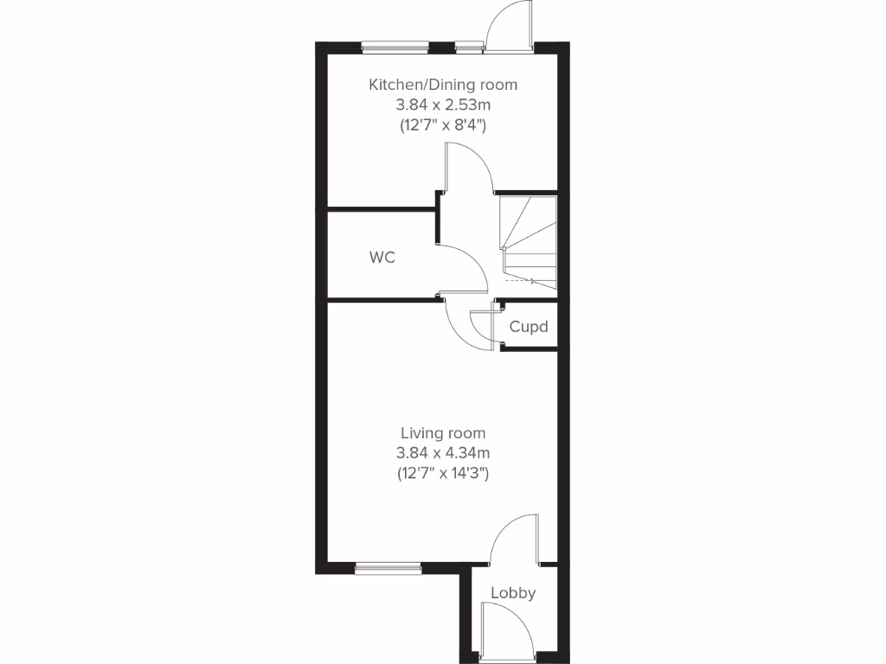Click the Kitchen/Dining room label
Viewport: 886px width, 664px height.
[443, 85]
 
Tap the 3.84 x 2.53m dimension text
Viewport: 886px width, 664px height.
[443, 105]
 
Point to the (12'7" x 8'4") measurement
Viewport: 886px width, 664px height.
[443, 124]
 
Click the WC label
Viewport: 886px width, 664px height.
[382, 257]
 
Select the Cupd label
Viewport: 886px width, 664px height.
[528, 327]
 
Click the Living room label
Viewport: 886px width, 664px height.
[443, 433]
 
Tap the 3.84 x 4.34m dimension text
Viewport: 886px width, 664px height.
[443, 453]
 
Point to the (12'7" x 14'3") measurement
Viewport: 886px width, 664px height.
[443, 473]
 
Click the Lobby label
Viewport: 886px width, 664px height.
[513, 593]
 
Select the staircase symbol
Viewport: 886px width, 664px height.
[527, 242]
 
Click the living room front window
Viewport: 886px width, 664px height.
[388, 567]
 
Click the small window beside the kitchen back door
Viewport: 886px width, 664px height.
[469, 48]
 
